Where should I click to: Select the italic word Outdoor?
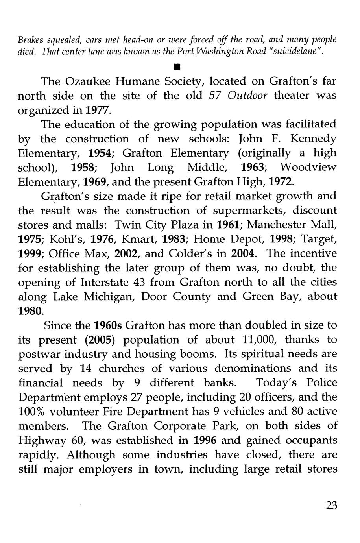click(247, 96)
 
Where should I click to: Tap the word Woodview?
click(308, 167)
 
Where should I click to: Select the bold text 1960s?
click(108, 325)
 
